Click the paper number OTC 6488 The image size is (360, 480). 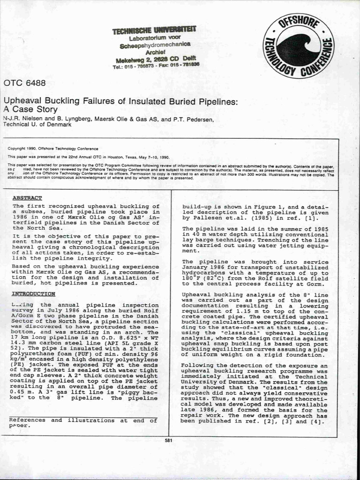coord(24,83)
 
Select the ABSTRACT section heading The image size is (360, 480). coord(27,198)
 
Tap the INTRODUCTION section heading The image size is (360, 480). coord(34,294)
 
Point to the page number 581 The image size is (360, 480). coord(169,441)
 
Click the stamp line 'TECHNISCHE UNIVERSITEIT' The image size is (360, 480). coord(154,30)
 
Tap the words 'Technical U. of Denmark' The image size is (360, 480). coord(37,125)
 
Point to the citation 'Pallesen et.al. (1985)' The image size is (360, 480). coord(221,218)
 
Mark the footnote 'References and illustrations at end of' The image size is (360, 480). coord(82,420)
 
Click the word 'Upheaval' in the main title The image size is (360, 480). coord(23,101)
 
